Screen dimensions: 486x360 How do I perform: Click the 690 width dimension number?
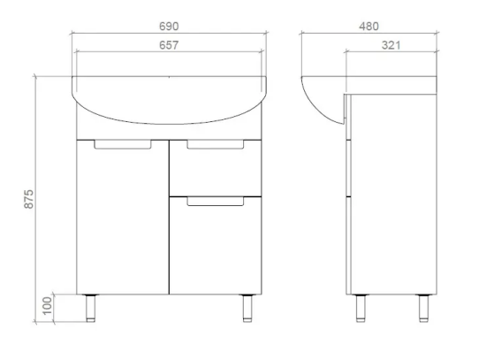169,27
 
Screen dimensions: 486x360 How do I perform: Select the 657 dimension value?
169,45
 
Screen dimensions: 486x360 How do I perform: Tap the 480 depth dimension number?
368,27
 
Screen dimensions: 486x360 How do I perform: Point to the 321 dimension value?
391,45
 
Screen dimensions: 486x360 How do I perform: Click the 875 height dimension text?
28,199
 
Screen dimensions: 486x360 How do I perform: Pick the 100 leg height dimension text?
47,306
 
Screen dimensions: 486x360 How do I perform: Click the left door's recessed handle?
123,145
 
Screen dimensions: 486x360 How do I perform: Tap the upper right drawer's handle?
215,145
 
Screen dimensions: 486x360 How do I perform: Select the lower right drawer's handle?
215,201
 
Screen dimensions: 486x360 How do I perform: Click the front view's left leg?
90,308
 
